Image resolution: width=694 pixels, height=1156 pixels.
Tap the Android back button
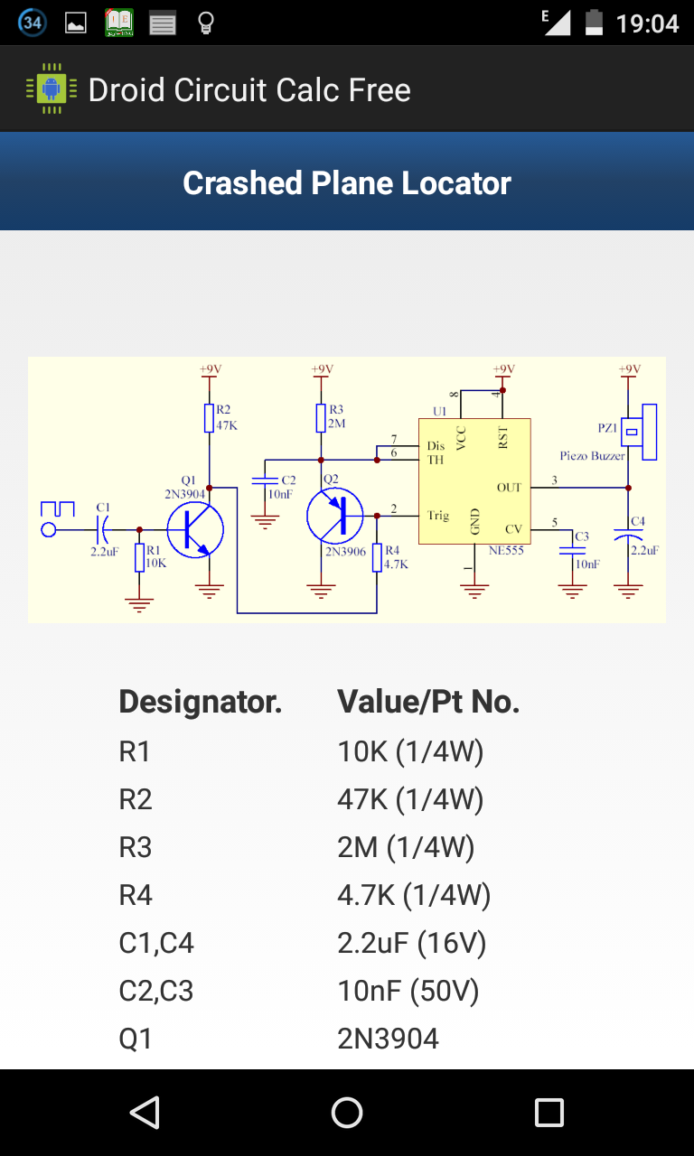coord(145,1113)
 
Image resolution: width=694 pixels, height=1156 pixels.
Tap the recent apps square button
coord(549,1113)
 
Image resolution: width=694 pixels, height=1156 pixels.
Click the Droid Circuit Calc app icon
coord(52,89)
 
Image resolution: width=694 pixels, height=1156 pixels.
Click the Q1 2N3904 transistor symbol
coord(195,529)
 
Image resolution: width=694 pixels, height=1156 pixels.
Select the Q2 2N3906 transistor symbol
coord(334,516)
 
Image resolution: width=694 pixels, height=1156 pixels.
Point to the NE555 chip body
coord(474,481)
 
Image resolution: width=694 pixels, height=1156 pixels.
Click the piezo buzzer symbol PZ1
coord(639,432)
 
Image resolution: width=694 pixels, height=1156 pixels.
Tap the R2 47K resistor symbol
coord(209,417)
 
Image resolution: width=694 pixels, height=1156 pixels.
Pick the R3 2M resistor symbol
coord(321,417)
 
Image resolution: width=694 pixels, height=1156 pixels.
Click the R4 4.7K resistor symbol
coord(377,557)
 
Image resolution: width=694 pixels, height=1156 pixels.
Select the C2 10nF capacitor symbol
coord(265,480)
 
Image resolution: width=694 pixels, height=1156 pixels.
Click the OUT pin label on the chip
coord(509,488)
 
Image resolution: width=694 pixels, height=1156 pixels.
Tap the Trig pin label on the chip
coord(438,516)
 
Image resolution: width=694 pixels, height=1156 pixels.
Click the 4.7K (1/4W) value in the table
coord(414,895)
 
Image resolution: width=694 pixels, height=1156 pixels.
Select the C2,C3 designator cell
coord(156,991)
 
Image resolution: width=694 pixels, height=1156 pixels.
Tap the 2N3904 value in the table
coord(388,1039)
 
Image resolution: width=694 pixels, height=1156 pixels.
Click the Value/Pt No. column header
coord(428,702)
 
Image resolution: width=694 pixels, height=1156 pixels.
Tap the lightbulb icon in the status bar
coord(205,23)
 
